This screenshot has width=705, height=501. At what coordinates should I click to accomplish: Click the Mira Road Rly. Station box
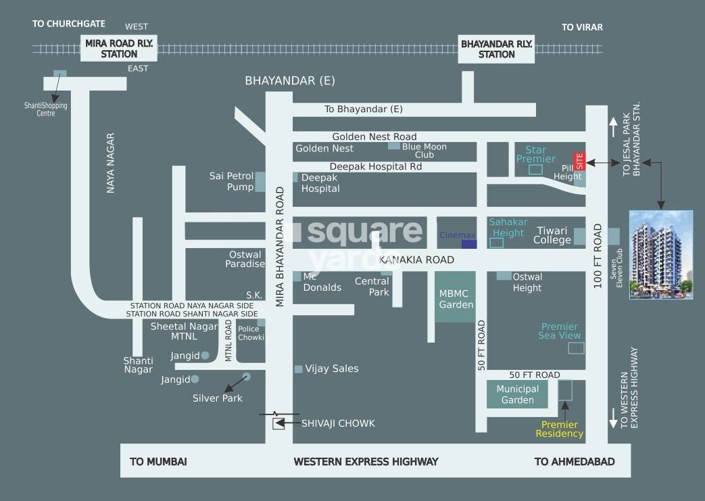tap(119, 48)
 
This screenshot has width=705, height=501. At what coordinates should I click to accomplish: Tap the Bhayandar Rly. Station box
tap(496, 49)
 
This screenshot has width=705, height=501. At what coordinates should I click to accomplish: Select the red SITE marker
tap(579, 161)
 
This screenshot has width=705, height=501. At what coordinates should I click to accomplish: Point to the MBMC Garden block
tap(455, 297)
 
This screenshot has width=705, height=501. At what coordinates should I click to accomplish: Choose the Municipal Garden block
tap(517, 394)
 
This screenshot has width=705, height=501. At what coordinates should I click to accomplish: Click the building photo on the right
tap(660, 254)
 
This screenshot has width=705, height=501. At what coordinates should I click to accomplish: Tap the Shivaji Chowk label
tap(338, 423)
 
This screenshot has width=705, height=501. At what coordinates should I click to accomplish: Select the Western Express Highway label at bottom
tap(366, 462)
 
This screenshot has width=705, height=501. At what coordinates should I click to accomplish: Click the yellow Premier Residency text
tap(559, 429)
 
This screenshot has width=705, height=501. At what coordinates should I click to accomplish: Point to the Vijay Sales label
tap(331, 368)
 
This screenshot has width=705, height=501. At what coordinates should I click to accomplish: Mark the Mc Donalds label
tap(322, 282)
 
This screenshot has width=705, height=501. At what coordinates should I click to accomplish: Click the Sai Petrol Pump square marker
tap(260, 182)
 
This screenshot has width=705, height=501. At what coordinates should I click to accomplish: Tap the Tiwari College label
tap(552, 235)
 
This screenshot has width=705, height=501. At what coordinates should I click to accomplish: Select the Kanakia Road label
tap(416, 260)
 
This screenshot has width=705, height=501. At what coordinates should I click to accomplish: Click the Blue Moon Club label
tap(424, 150)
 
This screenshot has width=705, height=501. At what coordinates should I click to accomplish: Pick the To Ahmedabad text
tap(575, 462)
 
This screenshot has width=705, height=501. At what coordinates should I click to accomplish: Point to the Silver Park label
tap(217, 398)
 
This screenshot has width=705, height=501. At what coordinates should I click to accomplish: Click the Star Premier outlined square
tap(535, 169)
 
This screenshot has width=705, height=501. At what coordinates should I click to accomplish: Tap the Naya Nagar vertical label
tap(111, 163)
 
